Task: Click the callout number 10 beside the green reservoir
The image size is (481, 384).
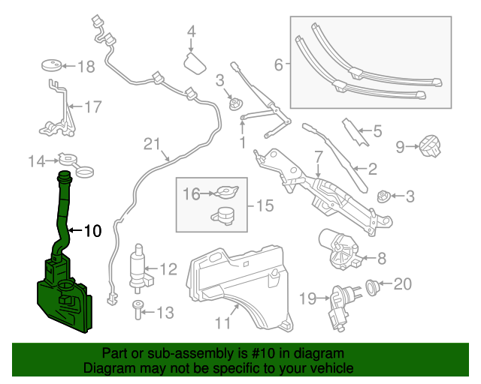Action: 91,231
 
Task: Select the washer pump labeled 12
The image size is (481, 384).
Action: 139,267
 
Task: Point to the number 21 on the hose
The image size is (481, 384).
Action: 153,143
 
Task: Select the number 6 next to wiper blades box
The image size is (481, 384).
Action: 278,65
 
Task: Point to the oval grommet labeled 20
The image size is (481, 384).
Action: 372,284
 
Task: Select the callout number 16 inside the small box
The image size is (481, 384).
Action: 191,194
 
